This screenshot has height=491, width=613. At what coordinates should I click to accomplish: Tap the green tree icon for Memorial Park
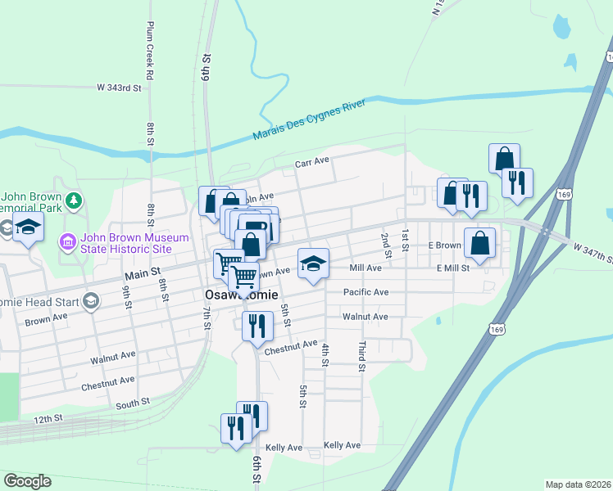click(x=74, y=199)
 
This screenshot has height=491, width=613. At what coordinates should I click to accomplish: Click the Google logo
click(x=27, y=481)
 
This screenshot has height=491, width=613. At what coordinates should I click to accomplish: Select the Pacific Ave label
click(x=366, y=292)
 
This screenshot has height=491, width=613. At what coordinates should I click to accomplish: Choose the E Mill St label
click(x=452, y=268)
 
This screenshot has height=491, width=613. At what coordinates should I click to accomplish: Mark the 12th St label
click(x=48, y=419)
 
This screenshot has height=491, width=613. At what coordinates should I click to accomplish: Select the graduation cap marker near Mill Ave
click(x=313, y=264)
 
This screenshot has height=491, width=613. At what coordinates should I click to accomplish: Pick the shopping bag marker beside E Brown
click(x=479, y=243)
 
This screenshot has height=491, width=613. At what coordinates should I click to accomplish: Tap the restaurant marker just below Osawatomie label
click(x=257, y=326)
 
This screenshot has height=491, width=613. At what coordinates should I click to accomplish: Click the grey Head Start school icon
click(x=91, y=301)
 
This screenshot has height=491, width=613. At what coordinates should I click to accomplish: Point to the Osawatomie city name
click(x=242, y=295)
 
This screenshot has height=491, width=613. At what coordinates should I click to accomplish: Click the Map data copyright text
click(x=579, y=484)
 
